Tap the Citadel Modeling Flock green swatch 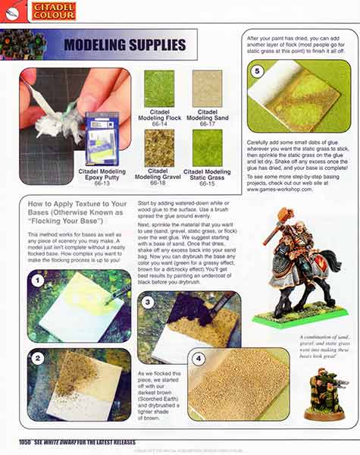coord(159,89)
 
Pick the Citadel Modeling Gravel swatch coord(159,148)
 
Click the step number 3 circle coord(149,301)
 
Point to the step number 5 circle coord(257,71)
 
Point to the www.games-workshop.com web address coord(280,189)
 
